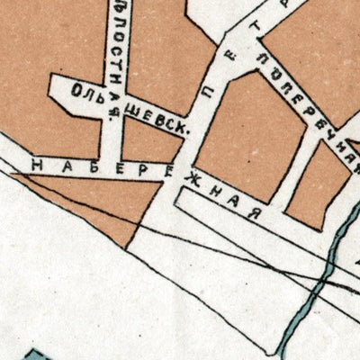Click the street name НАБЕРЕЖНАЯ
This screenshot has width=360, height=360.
144,180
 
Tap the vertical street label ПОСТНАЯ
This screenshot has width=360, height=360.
120,49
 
